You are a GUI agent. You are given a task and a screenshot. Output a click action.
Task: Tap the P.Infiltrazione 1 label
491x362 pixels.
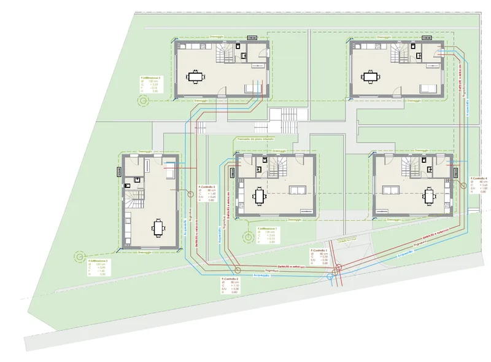[x=268, y=228]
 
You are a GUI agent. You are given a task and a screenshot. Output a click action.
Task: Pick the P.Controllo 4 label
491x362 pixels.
[x=479, y=179]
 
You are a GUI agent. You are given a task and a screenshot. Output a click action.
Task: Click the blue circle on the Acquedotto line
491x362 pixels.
[x=331, y=277]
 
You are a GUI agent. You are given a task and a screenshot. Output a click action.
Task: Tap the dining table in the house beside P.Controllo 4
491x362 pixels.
[x=429, y=197]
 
